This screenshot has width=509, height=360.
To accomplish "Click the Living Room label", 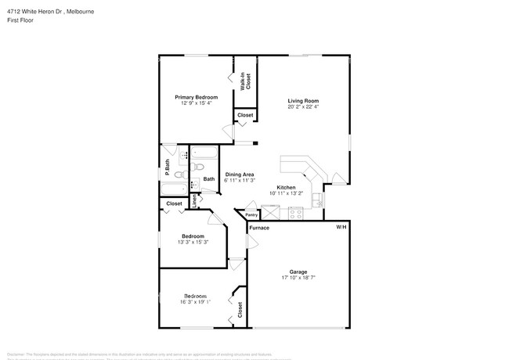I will [x=303, y=101].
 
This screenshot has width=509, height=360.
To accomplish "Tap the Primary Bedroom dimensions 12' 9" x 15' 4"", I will [x=196, y=103].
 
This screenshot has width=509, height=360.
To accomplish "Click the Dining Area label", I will [x=239, y=174].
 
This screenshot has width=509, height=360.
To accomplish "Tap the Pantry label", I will [x=251, y=215].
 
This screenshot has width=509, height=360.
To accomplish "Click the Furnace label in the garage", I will [x=259, y=228].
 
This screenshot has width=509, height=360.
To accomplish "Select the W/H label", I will [x=341, y=226].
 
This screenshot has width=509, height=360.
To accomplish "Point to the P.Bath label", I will [x=167, y=167].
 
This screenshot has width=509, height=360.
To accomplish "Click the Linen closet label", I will [x=195, y=201].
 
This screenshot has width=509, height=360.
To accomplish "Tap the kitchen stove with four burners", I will [x=295, y=212].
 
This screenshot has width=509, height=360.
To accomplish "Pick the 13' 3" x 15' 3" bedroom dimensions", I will [x=193, y=242].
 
